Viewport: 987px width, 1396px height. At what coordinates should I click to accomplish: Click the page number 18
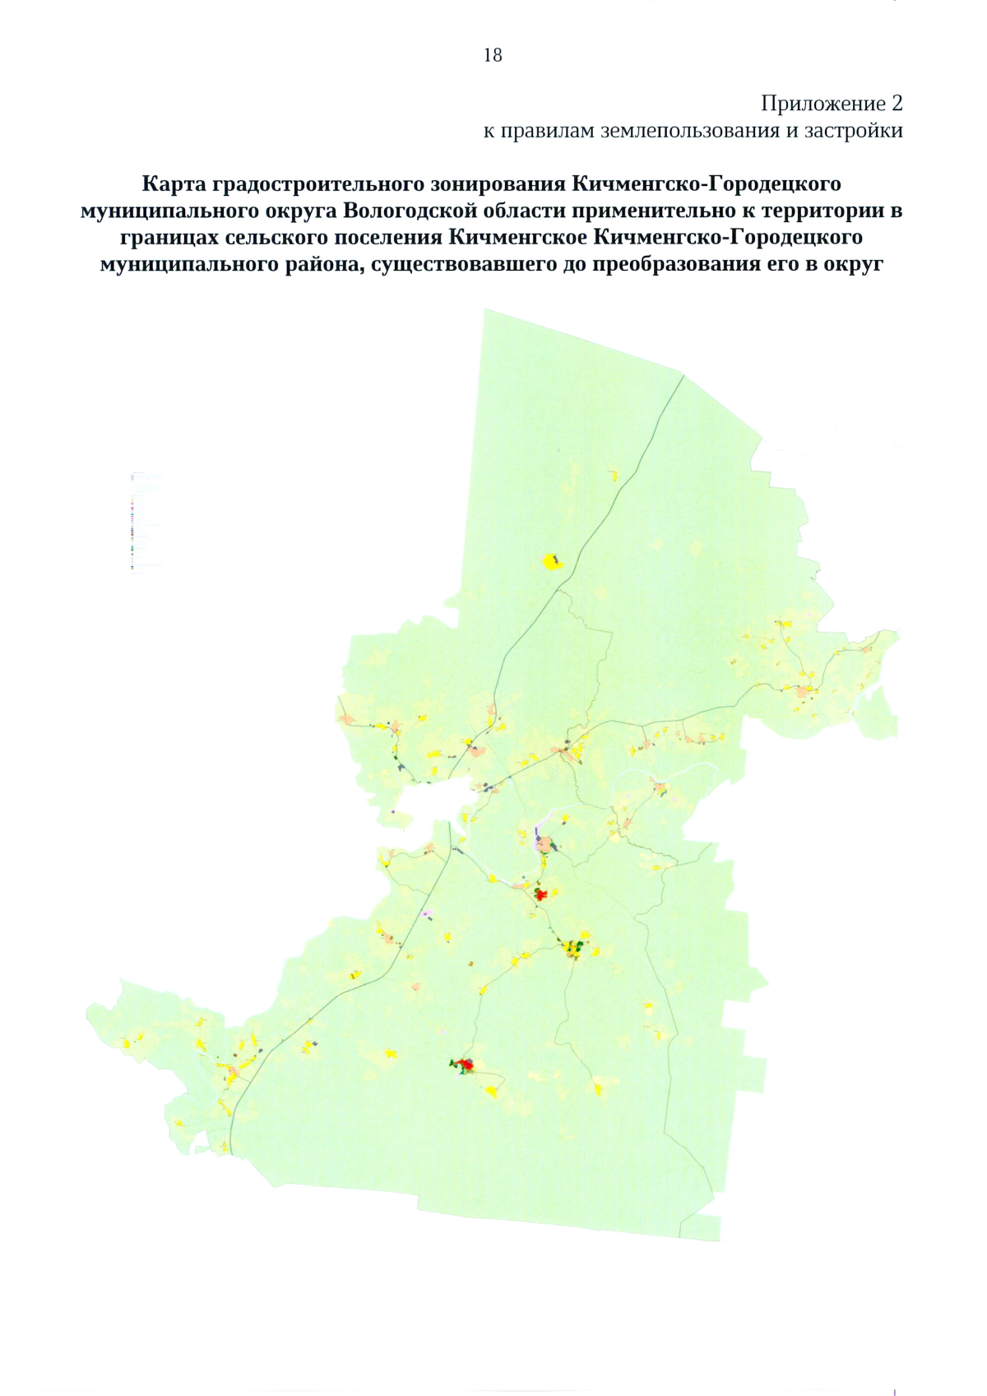tap(493, 55)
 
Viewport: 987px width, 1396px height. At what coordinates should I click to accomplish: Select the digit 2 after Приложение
tap(897, 104)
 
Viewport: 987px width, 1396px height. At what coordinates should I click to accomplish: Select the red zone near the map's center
tap(540, 893)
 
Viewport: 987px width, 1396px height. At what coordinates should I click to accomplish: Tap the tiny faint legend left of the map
tap(146, 522)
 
